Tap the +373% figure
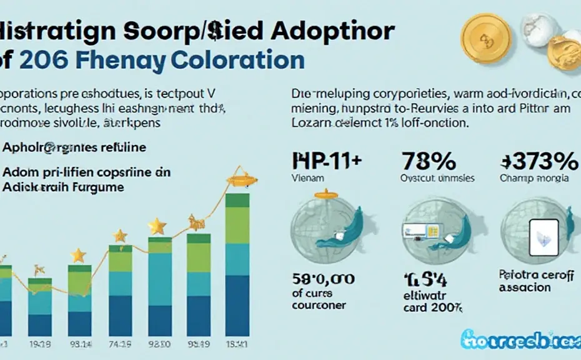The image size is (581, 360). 539,162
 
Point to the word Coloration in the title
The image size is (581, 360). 237,61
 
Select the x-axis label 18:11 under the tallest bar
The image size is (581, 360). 237,344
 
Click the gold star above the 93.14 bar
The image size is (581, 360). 78,255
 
